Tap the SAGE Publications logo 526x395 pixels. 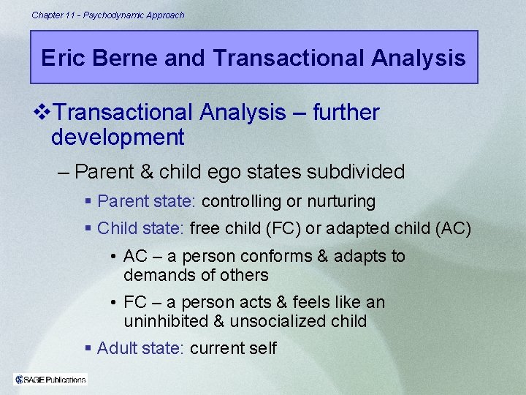pyautogui.click(x=50, y=379)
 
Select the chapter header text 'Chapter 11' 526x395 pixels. pyautogui.click(x=54, y=15)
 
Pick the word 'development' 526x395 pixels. pyautogui.click(x=118, y=137)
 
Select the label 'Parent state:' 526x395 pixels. pyautogui.click(x=147, y=201)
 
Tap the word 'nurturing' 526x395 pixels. pyautogui.click(x=340, y=201)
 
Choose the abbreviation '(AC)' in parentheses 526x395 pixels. pyautogui.click(x=453, y=229)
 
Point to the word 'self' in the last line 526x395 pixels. pyautogui.click(x=262, y=348)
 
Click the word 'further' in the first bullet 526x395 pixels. pyautogui.click(x=346, y=113)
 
